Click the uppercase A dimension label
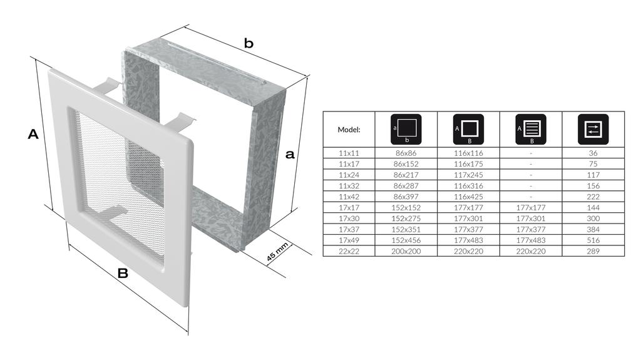click(33, 134)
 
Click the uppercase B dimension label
click(123, 273)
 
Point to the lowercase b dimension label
click(249, 43)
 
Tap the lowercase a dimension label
click(290, 154)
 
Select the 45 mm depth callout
click(277, 252)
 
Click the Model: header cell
click(349, 130)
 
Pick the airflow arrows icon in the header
click(593, 129)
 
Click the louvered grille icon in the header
click(531, 129)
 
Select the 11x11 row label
click(349, 153)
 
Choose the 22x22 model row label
click(349, 251)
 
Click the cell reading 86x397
click(406, 197)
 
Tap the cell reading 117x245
click(468, 175)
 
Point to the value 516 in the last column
click(593, 240)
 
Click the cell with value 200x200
click(406, 251)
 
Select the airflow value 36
click(593, 153)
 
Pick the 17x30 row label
click(349, 219)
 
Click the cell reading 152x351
click(406, 230)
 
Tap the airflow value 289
click(593, 251)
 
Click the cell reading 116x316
click(468, 186)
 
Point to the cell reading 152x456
click(406, 240)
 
